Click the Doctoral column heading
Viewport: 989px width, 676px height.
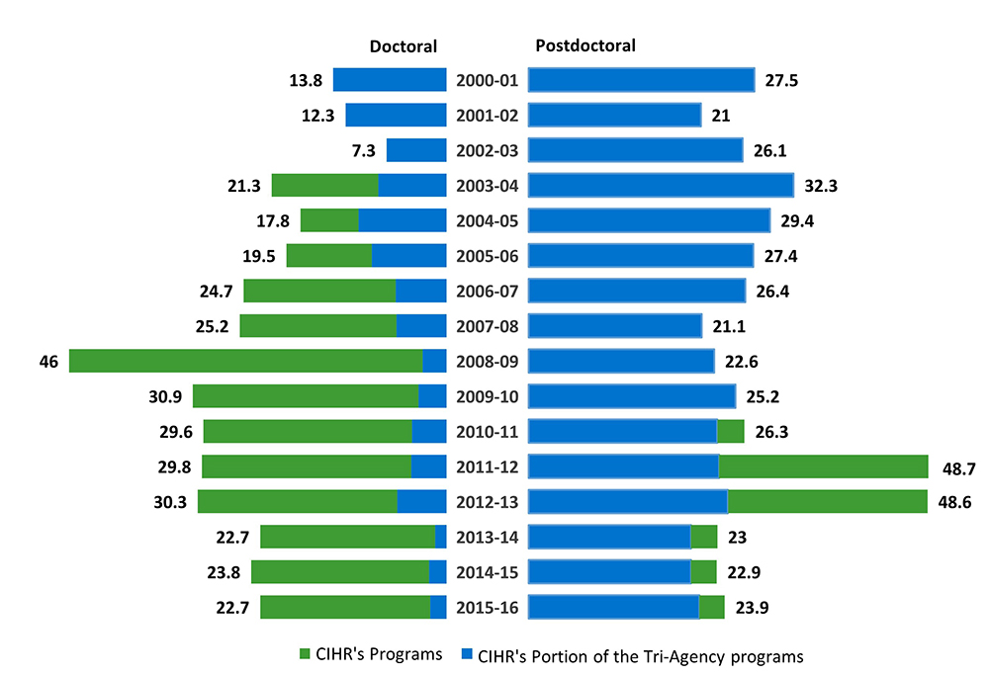pyautogui.click(x=403, y=46)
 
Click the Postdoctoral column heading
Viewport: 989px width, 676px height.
pyautogui.click(x=584, y=45)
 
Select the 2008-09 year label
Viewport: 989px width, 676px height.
pyautogui.click(x=487, y=361)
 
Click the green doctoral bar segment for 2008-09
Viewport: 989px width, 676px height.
pyautogui.click(x=245, y=361)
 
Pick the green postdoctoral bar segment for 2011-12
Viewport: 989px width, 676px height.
pyautogui.click(x=823, y=466)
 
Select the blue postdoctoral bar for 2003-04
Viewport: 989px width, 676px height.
pyautogui.click(x=661, y=185)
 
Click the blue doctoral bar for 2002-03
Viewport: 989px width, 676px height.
pyautogui.click(x=415, y=150)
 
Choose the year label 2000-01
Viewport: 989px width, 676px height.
pyautogui.click(x=487, y=80)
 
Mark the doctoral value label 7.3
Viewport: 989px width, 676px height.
pyautogui.click(x=363, y=150)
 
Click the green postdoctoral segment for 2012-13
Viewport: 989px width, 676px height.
pyautogui.click(x=827, y=501)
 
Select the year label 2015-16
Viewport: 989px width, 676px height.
pyautogui.click(x=487, y=607)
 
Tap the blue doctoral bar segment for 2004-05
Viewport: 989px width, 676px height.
pyautogui.click(x=402, y=220)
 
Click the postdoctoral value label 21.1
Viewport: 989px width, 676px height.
pyautogui.click(x=730, y=326)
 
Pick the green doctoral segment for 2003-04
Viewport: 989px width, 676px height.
pyautogui.click(x=324, y=185)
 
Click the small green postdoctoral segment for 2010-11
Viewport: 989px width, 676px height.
pyautogui.click(x=730, y=431)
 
